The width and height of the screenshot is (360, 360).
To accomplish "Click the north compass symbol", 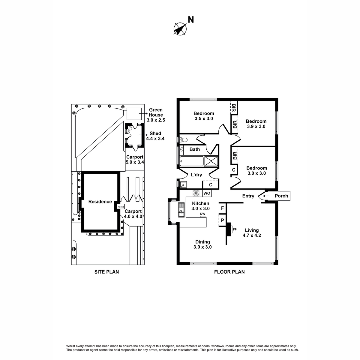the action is point(180,29).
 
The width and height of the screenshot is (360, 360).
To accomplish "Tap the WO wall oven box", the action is point(207,193).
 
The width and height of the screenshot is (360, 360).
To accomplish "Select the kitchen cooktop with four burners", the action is point(196,193).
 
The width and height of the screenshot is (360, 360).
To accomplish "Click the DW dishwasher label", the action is point(202,214).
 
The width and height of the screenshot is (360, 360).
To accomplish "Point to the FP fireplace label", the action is point(235,229).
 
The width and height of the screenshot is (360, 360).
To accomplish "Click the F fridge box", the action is point(222,208).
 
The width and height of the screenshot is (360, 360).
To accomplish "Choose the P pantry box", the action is point(222,220).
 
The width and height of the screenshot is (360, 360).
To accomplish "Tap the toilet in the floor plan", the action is point(183,139).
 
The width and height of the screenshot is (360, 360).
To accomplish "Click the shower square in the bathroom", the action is point(211,161).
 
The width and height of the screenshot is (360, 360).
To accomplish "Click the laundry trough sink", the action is point(183,185).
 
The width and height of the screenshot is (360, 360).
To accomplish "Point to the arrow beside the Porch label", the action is point(266,196).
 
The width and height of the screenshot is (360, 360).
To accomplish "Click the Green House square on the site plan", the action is point(134,114).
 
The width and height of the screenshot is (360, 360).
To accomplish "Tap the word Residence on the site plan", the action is point(100,202).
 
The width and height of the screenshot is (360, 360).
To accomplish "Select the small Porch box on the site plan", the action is point(121,207).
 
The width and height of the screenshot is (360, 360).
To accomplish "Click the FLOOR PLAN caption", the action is point(229,272).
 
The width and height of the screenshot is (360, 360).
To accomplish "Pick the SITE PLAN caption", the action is point(106,272).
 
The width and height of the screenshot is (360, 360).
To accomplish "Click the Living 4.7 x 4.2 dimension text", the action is point(252,235).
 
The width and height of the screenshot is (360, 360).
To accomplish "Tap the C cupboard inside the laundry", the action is point(211,185).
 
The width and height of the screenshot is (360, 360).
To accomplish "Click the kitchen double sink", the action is point(181,210).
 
